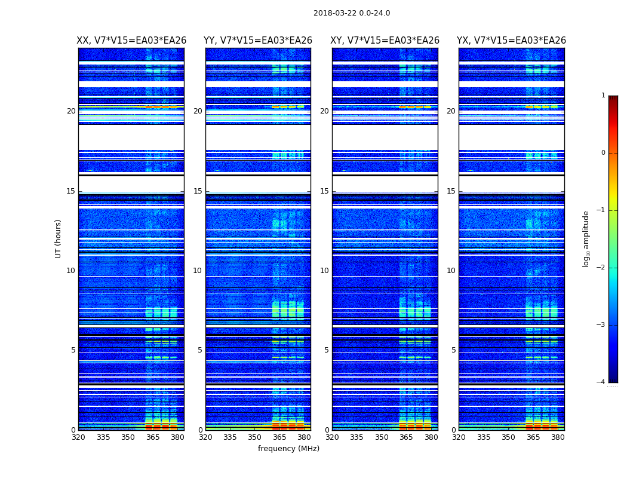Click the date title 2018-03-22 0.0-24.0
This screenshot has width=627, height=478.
[x=352, y=13]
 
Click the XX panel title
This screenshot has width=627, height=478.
[x=131, y=41]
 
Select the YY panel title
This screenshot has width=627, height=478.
[x=258, y=41]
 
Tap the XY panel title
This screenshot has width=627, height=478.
[x=385, y=41]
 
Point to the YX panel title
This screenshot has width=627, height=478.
[x=511, y=41]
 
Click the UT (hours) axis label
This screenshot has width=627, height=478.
[x=59, y=238]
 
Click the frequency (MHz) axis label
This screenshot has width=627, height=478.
[x=288, y=449]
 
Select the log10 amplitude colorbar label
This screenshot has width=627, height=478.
[x=586, y=238]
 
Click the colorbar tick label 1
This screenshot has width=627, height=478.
[x=603, y=96]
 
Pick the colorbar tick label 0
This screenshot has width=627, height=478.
[x=603, y=153]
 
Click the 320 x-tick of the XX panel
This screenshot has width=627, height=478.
[x=78, y=437]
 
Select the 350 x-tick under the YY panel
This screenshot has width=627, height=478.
[x=255, y=437]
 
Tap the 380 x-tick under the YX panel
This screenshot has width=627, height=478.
[x=558, y=437]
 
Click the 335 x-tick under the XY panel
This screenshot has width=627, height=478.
[x=356, y=437]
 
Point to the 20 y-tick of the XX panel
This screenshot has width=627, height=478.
[x=71, y=111]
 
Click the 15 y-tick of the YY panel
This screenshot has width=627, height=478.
[x=198, y=191]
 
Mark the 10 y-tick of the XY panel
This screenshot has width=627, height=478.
[x=324, y=271]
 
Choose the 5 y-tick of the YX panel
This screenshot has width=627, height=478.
[x=453, y=350]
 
